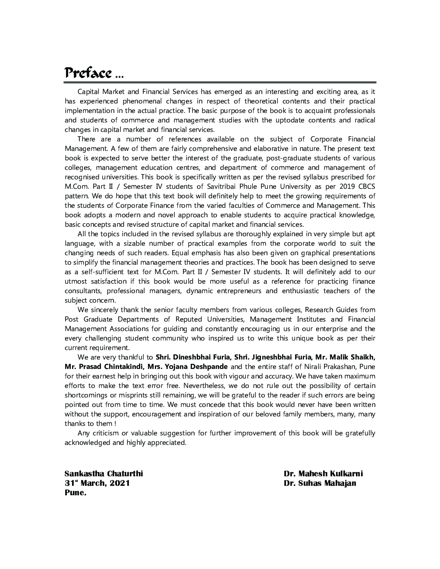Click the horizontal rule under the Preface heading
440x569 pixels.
(220, 82)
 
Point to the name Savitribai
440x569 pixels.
(225, 187)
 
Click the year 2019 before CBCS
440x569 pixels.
(349, 187)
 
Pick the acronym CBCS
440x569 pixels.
(367, 187)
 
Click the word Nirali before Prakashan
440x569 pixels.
(319, 367)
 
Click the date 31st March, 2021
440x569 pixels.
(97, 483)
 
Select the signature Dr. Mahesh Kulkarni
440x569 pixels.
(323, 474)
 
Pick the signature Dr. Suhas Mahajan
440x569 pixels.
(320, 483)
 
